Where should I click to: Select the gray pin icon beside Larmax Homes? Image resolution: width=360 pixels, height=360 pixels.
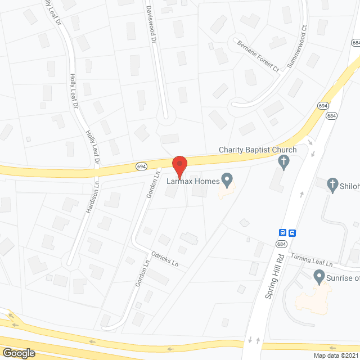click(227, 181)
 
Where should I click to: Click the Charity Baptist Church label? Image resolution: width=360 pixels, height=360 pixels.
click(258, 150)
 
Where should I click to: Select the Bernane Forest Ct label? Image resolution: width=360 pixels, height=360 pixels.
click(257, 56)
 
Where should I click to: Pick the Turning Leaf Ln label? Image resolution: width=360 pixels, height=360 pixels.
click(312, 260)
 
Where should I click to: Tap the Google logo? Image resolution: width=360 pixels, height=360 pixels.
click(18, 353)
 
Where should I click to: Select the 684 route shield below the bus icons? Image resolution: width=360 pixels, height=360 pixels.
click(281, 244)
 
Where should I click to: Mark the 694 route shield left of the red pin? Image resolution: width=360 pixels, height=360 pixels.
click(141, 166)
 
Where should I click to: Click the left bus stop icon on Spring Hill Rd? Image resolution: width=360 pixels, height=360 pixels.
click(283, 232)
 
